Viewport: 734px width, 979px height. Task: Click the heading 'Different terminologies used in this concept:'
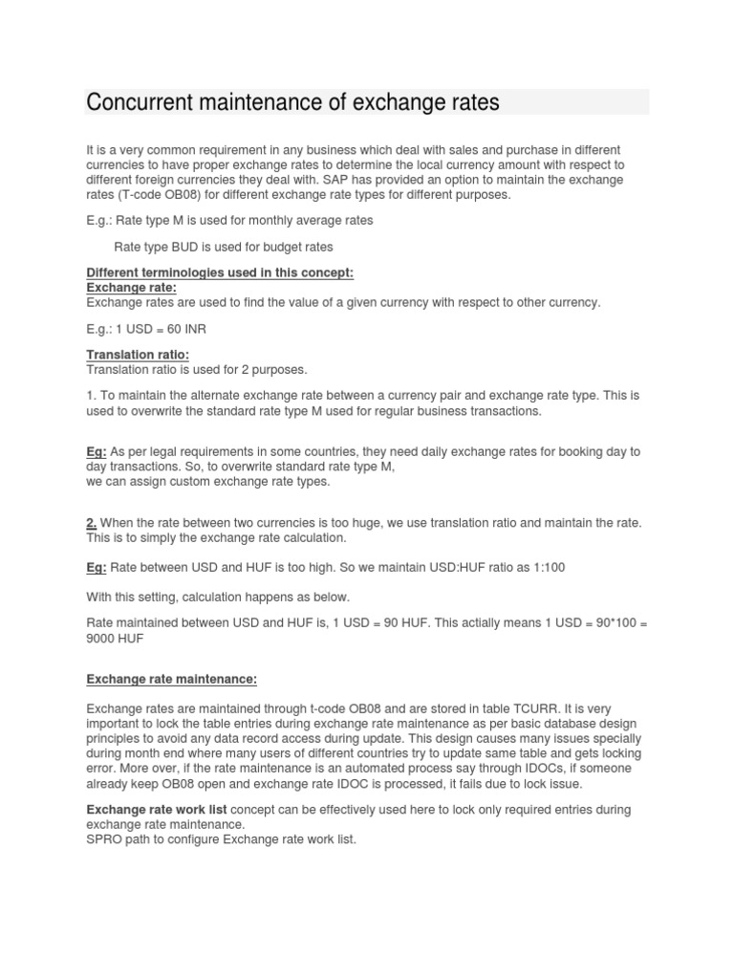point(220,272)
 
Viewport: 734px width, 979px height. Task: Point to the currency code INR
point(193,329)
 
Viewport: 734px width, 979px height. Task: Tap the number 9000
point(101,638)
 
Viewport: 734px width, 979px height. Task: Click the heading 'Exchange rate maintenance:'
point(172,679)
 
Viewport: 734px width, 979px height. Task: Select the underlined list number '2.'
point(92,522)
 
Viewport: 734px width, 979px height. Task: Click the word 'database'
point(533,724)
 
